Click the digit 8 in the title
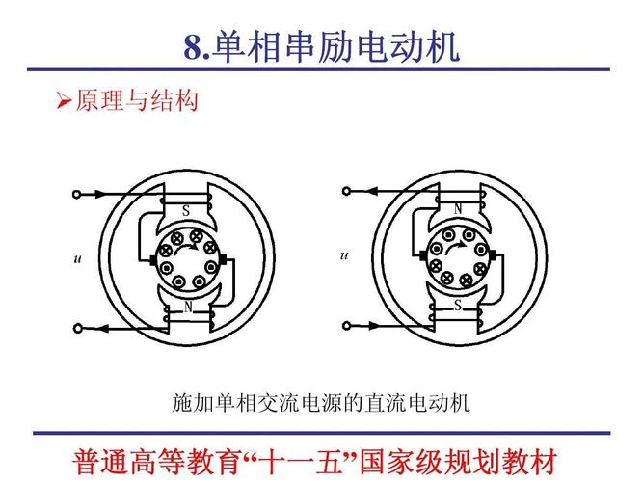[193, 47]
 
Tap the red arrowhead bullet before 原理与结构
[64, 100]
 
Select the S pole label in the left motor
[186, 211]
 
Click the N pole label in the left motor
[188, 307]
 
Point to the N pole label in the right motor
[458, 209]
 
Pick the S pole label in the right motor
[458, 305]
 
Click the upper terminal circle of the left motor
[76, 194]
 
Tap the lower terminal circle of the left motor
[77, 328]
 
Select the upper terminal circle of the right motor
[346, 191]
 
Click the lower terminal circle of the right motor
[347, 326]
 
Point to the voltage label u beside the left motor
[77, 259]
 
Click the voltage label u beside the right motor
[344, 256]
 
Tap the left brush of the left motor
[153, 259]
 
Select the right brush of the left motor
[224, 259]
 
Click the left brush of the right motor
[423, 255]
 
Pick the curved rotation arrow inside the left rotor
[187, 248]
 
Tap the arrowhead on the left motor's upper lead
[101, 194]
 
